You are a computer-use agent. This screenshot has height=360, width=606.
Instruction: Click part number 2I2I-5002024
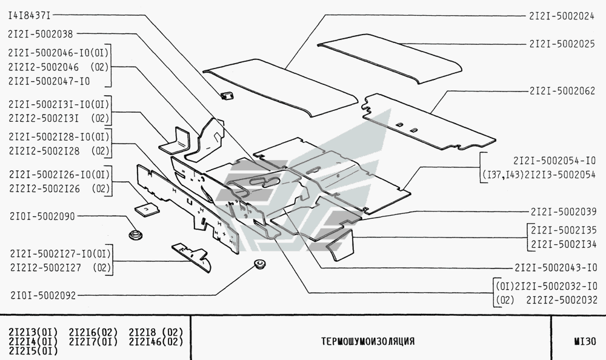pyautogui.click(x=561, y=16)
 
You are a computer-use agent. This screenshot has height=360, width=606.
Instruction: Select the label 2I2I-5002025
pyautogui.click(x=561, y=44)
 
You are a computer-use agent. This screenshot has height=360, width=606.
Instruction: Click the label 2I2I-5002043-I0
pyautogui.click(x=556, y=267)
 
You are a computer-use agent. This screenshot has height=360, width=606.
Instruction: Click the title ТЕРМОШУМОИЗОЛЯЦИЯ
pyautogui.click(x=368, y=341)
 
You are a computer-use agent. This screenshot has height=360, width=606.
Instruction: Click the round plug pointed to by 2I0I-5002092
pyautogui.click(x=261, y=265)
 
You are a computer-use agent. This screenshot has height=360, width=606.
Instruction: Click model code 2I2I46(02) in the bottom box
pyautogui.click(x=156, y=341)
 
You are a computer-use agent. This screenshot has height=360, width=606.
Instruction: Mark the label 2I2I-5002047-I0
pyautogui.click(x=50, y=80)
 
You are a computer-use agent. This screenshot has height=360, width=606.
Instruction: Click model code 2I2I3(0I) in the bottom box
pyautogui.click(x=33, y=332)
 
